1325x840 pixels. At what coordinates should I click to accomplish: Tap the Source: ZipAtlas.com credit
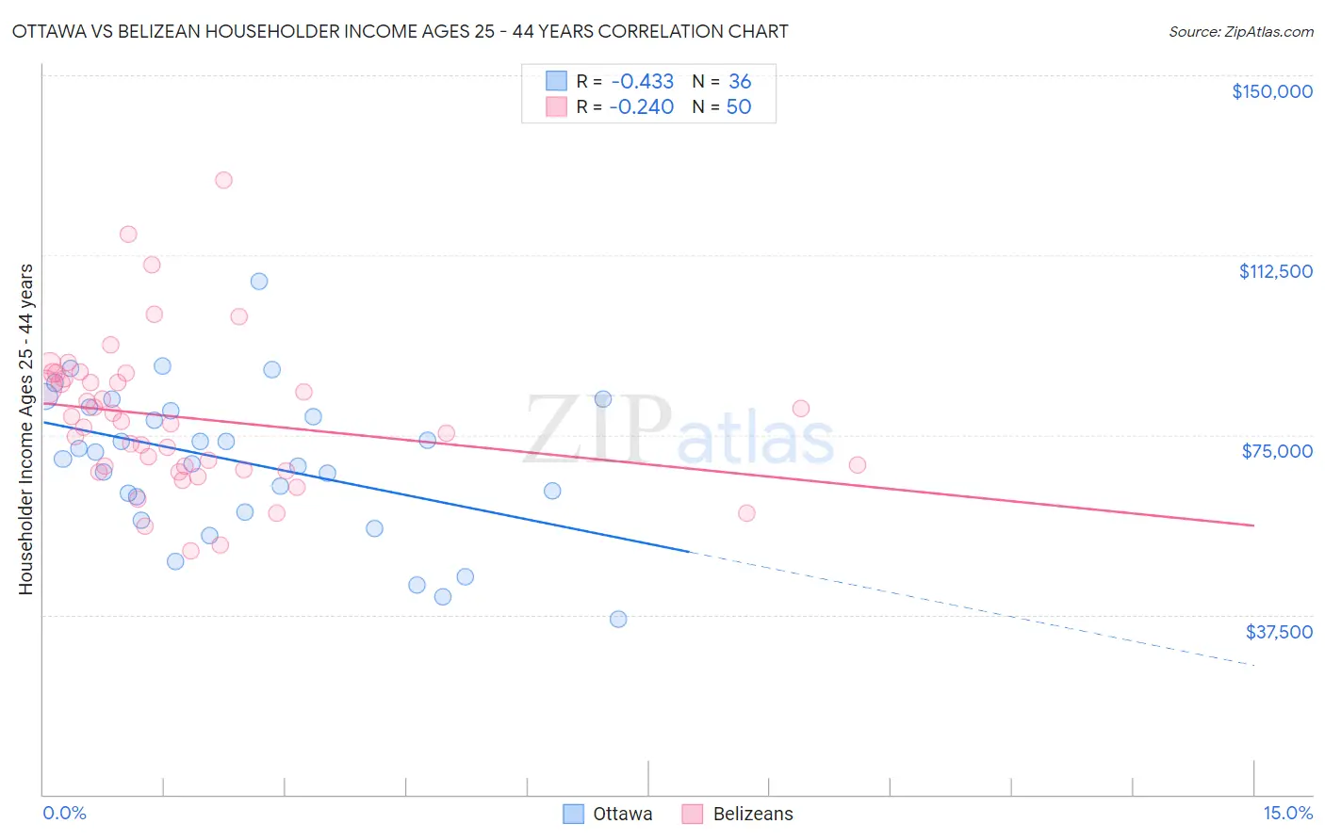1240,32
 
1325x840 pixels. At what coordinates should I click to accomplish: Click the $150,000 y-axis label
1271,91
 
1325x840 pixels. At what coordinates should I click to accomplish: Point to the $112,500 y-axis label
1275,271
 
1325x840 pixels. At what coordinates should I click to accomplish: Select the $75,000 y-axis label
1277,451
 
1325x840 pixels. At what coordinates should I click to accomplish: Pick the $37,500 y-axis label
1279,632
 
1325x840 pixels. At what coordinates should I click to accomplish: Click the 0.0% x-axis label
64,813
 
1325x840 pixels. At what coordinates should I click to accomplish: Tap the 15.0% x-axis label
1287,813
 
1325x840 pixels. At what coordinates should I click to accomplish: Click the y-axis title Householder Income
26,429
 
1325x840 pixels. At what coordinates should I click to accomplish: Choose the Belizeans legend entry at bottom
738,814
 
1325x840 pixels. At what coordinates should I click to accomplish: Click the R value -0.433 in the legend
641,82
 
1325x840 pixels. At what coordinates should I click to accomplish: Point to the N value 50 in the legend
739,107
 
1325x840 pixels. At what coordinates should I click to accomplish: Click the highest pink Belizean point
223,180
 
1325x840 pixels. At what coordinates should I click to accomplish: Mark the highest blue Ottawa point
259,282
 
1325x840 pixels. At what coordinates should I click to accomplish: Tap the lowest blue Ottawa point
618,619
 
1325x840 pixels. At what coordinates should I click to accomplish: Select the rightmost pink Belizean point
857,465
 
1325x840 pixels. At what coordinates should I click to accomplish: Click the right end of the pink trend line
1253,525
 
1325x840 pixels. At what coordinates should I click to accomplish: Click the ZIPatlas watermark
679,431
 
